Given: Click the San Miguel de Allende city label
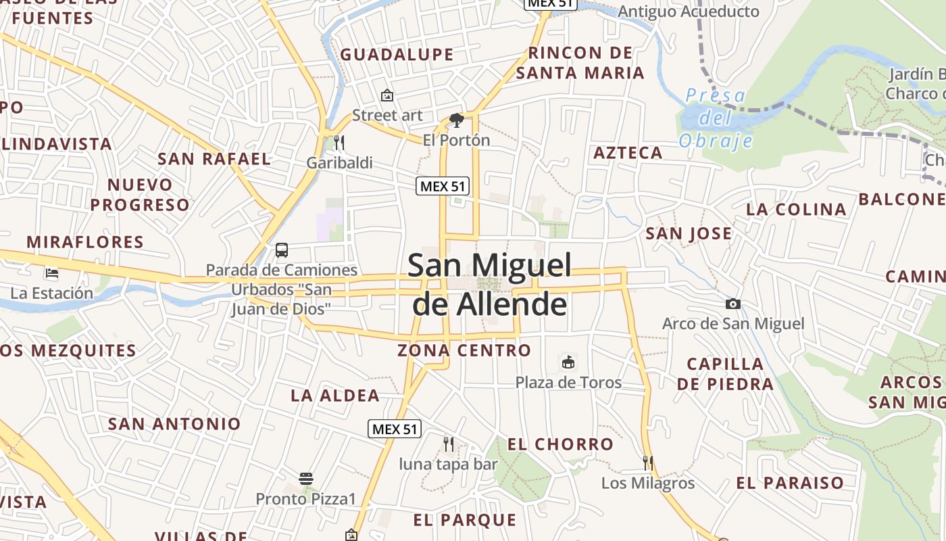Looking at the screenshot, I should [x=490, y=285].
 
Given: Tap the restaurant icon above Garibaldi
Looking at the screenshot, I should [x=339, y=143].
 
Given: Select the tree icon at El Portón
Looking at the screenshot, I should [x=456, y=120].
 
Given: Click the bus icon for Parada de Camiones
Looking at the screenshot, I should [x=282, y=250].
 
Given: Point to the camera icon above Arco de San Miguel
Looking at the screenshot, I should [x=732, y=304].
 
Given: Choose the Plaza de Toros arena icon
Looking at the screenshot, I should [x=568, y=362].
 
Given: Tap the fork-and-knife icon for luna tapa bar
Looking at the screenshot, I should [x=448, y=444].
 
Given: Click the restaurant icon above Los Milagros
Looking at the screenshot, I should [x=647, y=463].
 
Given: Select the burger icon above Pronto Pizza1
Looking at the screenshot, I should [x=305, y=479].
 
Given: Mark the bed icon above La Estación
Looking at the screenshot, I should [x=52, y=273].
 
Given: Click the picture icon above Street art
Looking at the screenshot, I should [x=387, y=95].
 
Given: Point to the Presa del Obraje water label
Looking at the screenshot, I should [x=716, y=118].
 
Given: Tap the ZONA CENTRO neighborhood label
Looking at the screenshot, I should [x=464, y=350].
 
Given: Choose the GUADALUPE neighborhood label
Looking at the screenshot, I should [x=397, y=55].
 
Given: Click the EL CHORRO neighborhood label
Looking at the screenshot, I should [x=560, y=444].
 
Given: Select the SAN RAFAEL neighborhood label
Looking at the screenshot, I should [x=214, y=159].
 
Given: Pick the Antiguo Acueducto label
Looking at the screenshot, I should [x=689, y=11].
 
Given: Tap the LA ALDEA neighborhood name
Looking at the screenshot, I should [x=335, y=396].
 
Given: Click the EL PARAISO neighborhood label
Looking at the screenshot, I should [x=790, y=483].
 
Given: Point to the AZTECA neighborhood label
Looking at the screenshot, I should [x=628, y=153].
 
